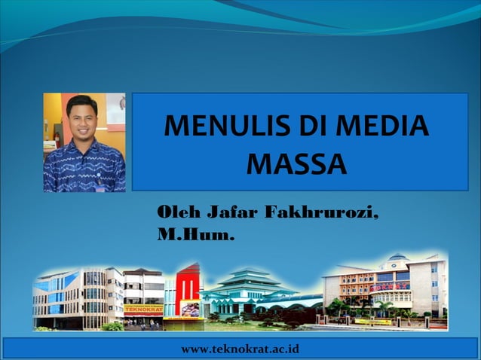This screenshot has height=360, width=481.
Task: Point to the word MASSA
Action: (x=297, y=163)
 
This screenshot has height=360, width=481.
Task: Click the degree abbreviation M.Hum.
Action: (x=195, y=236)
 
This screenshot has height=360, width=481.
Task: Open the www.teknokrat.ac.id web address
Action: (x=240, y=349)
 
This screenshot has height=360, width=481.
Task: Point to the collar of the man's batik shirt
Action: (x=83, y=145)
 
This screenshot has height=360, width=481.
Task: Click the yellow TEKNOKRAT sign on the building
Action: (x=143, y=309)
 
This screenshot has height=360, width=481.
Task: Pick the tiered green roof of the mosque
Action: (x=246, y=282)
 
